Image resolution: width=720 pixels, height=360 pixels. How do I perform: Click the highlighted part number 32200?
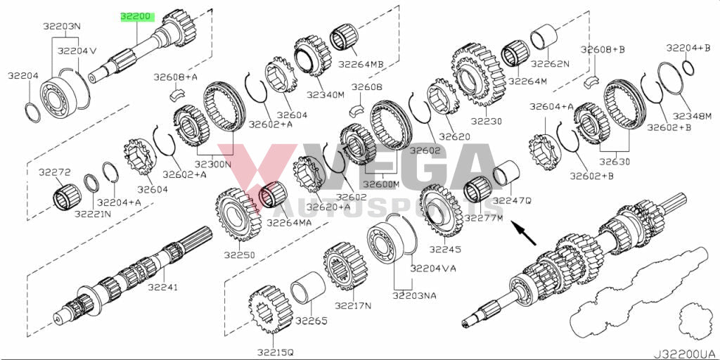point(136,18)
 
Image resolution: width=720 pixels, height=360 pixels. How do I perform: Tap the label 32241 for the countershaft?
point(162,288)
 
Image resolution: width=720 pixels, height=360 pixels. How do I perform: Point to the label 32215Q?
point(275,352)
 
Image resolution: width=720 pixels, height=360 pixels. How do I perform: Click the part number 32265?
point(311,321)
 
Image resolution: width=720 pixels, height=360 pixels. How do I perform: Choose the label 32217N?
point(353,305)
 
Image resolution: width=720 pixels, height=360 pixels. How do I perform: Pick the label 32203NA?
point(414,296)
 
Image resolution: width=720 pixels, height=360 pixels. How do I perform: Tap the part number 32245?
point(445,250)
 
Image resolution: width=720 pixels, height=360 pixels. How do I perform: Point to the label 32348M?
point(693,116)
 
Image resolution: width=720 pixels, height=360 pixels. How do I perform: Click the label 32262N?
point(549,64)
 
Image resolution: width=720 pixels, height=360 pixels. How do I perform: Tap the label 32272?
point(55,173)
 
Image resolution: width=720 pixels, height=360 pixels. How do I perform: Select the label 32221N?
point(93,214)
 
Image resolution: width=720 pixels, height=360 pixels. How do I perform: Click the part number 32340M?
point(326,95)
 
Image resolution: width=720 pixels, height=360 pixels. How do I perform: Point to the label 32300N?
point(213,164)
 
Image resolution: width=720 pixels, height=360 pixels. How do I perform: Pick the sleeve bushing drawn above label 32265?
point(308,288)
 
